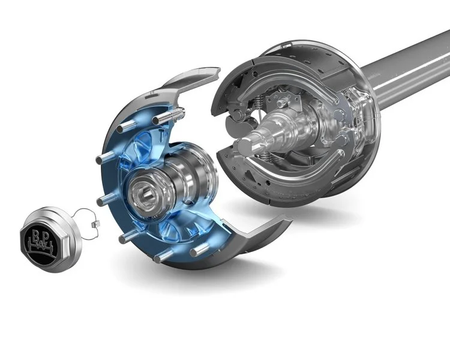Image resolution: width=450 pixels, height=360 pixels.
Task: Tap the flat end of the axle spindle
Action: tap(245, 146)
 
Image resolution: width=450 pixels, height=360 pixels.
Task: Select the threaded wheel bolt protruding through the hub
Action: tap(176, 113)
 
